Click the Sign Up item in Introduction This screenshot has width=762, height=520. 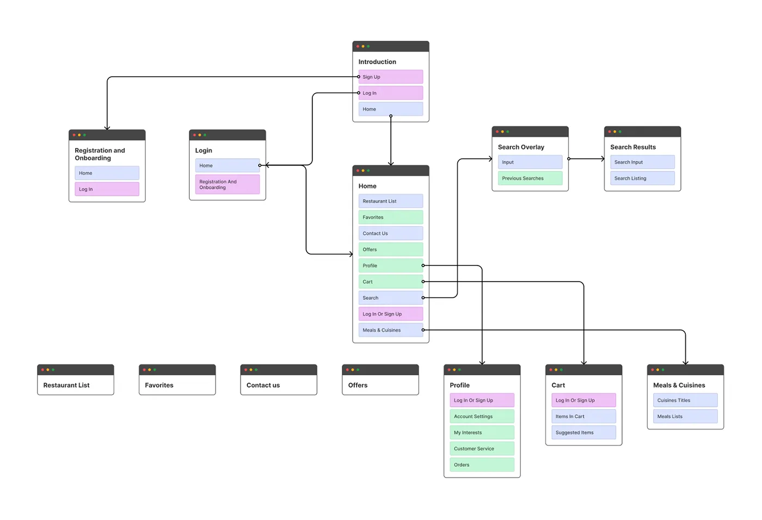(x=391, y=77)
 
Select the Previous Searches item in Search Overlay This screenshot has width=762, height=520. (x=530, y=178)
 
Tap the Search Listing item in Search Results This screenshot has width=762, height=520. (x=642, y=178)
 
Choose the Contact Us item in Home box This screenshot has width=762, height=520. (x=391, y=233)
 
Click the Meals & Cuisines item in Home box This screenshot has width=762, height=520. (x=391, y=330)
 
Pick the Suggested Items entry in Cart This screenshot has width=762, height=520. (x=583, y=432)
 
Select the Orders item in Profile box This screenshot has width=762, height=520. (x=482, y=465)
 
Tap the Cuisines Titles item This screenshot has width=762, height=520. (x=685, y=400)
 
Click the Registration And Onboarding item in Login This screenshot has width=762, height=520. (x=228, y=184)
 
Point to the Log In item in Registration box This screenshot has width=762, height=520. (x=107, y=189)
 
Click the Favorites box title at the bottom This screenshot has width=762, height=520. (x=159, y=385)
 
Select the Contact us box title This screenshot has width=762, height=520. (x=263, y=385)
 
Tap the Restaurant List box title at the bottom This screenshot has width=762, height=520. (x=66, y=385)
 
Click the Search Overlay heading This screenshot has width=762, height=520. (x=521, y=147)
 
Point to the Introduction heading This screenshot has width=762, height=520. (x=377, y=61)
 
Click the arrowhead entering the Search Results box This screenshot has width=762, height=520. (x=603, y=159)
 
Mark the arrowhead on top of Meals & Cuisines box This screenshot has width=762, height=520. (x=685, y=363)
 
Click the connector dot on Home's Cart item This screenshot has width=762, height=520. (x=423, y=281)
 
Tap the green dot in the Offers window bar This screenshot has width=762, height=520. (x=358, y=370)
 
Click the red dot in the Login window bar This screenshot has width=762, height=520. (x=194, y=135)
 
